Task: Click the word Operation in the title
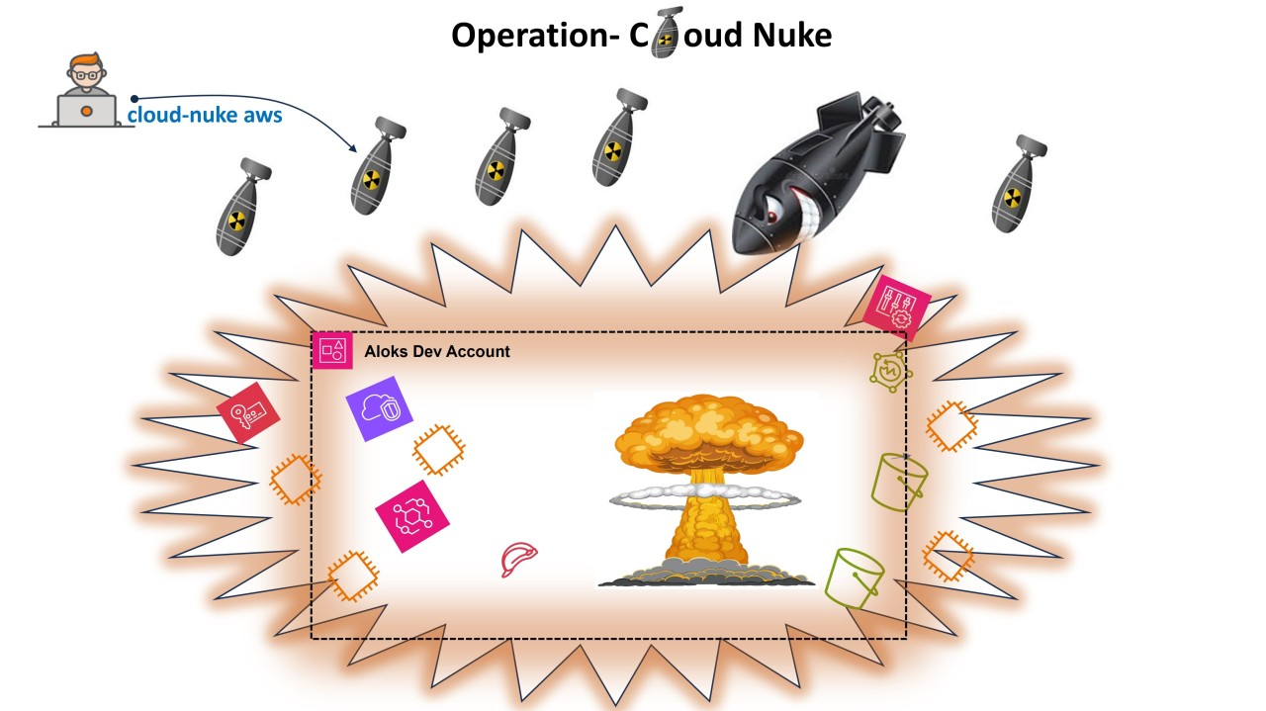click(x=533, y=36)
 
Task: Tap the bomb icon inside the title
click(x=666, y=33)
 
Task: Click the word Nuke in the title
click(x=791, y=36)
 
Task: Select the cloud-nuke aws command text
click(x=205, y=115)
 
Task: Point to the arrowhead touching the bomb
click(x=353, y=148)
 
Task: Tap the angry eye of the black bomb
click(x=773, y=207)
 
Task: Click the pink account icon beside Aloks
click(x=332, y=350)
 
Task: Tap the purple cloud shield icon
click(x=379, y=407)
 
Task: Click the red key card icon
click(x=248, y=411)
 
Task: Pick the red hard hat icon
click(x=519, y=559)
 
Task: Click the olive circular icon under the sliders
click(x=890, y=371)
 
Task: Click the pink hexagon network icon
click(x=411, y=516)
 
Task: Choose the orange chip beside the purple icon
click(x=438, y=450)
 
